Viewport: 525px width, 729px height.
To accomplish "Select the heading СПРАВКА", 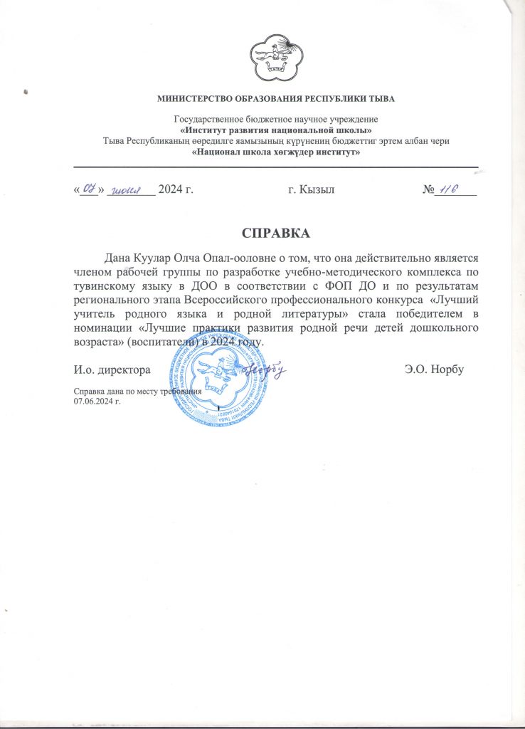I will [276, 234].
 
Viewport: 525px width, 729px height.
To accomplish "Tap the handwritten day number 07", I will [89, 189].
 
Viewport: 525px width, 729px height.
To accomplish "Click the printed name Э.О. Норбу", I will [434, 370].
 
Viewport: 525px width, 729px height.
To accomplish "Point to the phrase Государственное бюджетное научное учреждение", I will [276, 119].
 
